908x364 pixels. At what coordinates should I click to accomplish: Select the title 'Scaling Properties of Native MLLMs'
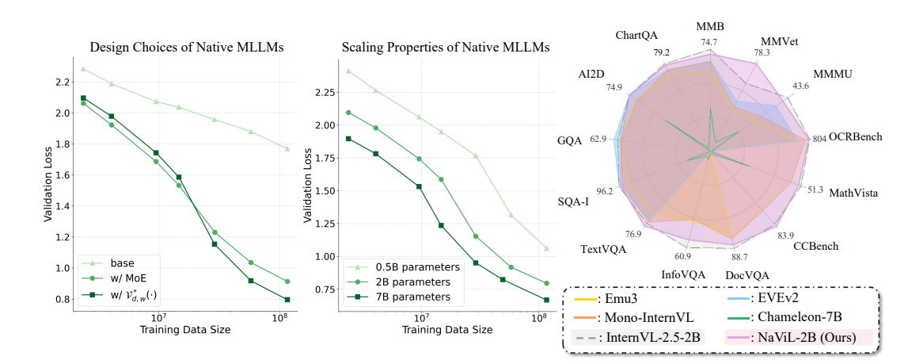(x=446, y=48)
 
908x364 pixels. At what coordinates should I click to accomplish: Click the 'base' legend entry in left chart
(x=123, y=262)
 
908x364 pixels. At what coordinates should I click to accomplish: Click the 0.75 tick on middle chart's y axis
(x=321, y=289)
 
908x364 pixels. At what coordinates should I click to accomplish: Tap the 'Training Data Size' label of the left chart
(x=185, y=329)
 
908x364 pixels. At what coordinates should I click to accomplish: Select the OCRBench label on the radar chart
(x=854, y=137)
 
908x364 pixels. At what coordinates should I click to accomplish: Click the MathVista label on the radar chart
(x=853, y=193)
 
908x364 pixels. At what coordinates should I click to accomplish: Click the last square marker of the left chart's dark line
(x=287, y=300)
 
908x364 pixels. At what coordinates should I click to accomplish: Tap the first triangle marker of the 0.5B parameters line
(x=348, y=71)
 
